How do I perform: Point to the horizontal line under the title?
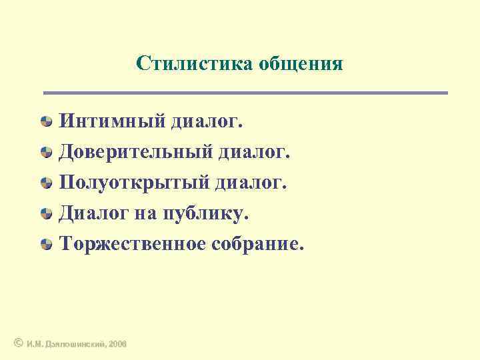tap(245, 93)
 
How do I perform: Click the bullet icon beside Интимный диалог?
tap(46, 121)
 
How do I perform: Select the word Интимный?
tap(111, 121)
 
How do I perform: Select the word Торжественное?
tap(133, 244)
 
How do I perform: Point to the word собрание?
tap(257, 244)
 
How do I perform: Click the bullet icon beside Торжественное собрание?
tap(46, 244)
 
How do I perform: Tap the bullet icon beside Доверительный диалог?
tap(46, 152)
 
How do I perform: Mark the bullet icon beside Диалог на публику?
tap(46, 213)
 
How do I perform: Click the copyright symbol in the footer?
tap(18, 343)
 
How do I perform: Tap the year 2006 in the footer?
tap(118, 343)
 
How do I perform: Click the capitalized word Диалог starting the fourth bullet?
tap(94, 213)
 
